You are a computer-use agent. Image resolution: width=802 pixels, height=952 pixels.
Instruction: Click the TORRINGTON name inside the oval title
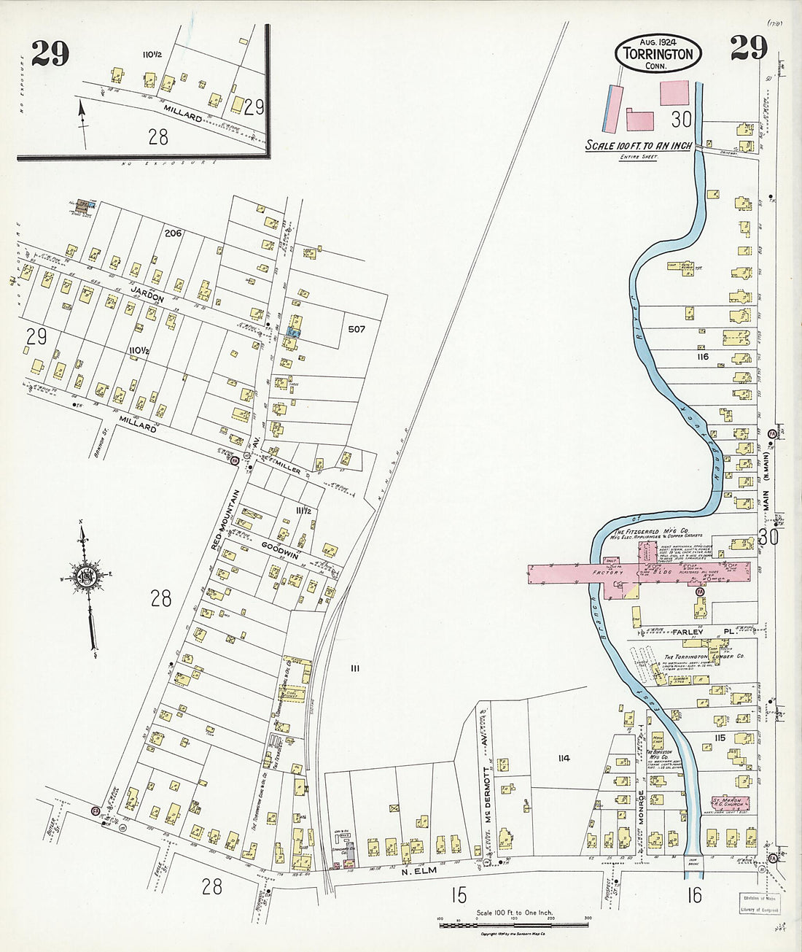click(658, 54)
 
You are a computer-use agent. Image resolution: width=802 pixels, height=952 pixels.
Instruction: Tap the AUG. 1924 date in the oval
click(658, 41)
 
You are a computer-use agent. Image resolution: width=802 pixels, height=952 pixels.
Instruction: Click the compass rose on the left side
click(87, 576)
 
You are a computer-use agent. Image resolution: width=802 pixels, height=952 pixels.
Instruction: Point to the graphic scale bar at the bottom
click(513, 924)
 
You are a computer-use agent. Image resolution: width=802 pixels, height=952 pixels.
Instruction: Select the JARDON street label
click(148, 298)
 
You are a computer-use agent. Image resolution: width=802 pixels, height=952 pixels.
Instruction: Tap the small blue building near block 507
click(292, 331)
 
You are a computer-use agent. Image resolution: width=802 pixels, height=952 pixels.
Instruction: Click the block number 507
click(356, 329)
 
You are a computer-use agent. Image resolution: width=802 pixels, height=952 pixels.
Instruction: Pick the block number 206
click(172, 233)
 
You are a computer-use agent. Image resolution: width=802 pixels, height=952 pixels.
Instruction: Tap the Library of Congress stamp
click(760, 904)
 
